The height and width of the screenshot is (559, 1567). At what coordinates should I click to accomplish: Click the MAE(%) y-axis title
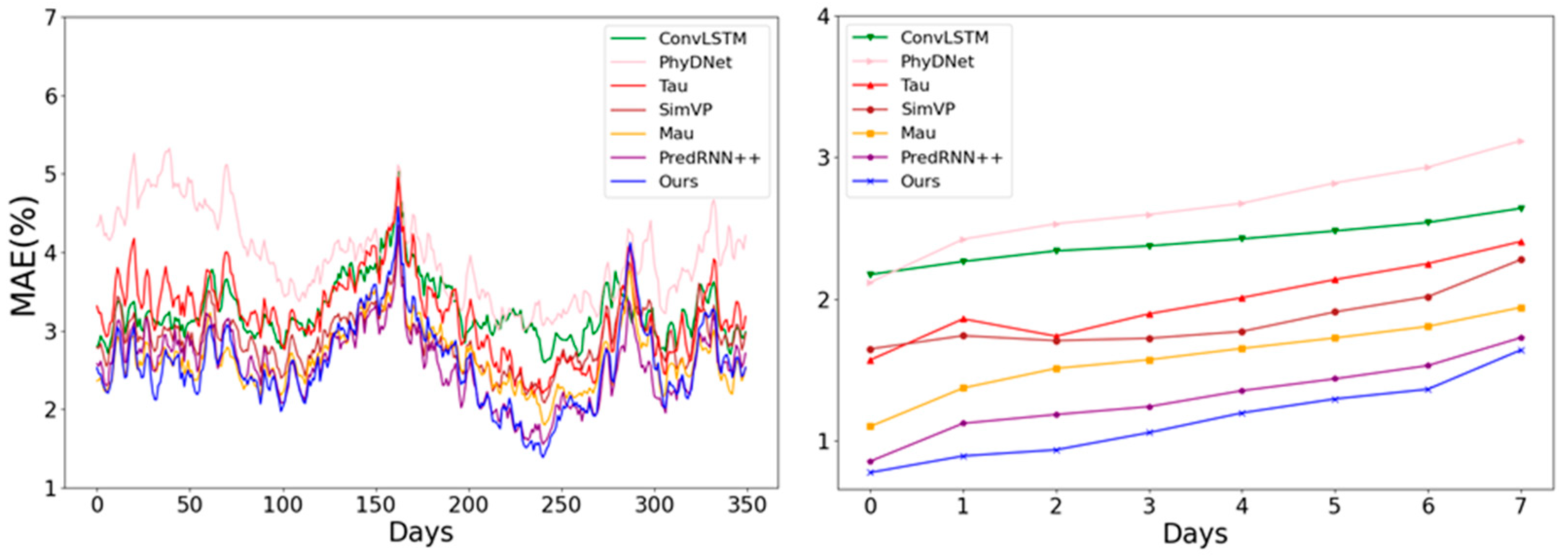(24, 255)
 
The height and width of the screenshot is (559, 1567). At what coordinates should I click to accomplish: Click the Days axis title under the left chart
(421, 532)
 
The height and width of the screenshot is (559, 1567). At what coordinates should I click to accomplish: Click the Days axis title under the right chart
(1195, 533)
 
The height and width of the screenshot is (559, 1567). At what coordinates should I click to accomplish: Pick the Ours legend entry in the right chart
(920, 181)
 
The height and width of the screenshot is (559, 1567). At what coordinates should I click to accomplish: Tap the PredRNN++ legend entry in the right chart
(951, 158)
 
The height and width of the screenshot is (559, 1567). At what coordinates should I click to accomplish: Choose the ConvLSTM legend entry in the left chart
(702, 38)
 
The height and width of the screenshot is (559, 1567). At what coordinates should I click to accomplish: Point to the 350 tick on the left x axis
(746, 505)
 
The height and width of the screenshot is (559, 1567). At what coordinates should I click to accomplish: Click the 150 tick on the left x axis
(375, 505)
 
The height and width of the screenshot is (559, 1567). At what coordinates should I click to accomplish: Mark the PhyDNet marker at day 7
(1521, 141)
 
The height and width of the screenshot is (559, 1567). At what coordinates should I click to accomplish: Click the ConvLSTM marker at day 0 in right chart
(870, 274)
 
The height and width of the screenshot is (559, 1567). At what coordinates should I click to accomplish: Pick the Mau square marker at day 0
(870, 426)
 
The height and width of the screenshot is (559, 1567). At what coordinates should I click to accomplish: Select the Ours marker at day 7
(1521, 350)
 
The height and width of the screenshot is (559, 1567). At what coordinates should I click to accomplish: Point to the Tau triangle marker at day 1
(963, 319)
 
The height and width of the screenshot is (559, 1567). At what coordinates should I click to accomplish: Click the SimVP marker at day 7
(1521, 260)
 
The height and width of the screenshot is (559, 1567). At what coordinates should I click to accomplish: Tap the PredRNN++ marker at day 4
(1242, 391)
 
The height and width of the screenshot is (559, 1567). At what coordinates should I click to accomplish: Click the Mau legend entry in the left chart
(676, 133)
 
